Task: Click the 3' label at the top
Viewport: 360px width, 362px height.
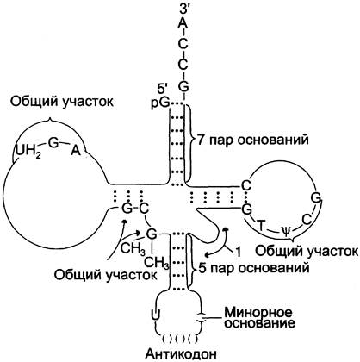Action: point(183,8)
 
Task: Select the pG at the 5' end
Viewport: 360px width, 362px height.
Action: point(160,103)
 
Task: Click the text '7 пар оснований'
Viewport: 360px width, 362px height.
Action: point(252,140)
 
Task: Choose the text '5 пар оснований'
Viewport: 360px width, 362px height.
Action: point(254,268)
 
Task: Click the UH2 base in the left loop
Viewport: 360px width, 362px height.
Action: point(28,151)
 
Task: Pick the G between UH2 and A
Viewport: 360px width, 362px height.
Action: point(53,143)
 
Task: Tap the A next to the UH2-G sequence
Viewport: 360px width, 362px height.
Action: point(76,150)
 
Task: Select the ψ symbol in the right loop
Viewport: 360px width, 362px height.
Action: point(285,230)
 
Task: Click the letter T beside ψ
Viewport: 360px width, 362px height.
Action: point(260,225)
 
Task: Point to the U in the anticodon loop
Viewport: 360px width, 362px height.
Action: point(155,315)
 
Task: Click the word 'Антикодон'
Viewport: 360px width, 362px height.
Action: point(181,353)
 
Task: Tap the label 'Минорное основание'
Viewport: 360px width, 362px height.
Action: point(260,318)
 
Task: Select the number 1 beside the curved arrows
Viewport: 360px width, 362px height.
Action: point(238,253)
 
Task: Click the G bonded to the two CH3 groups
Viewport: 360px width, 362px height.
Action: point(152,234)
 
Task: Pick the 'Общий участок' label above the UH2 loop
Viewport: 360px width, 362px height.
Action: point(62,103)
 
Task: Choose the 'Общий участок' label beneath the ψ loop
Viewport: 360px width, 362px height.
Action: point(307,252)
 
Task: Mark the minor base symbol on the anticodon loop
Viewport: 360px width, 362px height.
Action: point(201,318)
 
